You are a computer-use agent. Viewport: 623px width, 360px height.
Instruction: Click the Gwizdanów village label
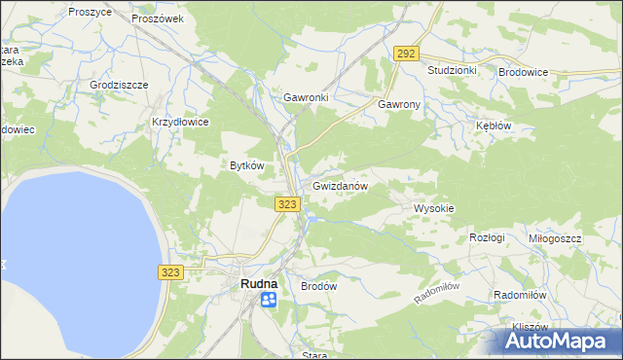click(x=340, y=185)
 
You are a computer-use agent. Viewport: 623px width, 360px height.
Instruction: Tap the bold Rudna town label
click(x=258, y=284)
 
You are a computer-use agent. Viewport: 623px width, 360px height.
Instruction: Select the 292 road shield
click(x=407, y=54)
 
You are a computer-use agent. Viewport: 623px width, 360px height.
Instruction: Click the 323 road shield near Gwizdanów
click(x=286, y=204)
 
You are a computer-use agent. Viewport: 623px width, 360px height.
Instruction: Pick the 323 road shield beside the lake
click(x=171, y=273)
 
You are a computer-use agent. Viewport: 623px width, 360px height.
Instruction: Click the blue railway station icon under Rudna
click(x=268, y=301)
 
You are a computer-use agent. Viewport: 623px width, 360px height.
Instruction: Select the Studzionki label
click(x=452, y=71)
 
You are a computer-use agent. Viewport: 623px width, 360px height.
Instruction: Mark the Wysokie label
click(x=434, y=208)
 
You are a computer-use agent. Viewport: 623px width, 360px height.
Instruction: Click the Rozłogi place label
click(x=487, y=237)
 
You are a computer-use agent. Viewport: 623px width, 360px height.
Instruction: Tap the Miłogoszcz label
click(x=555, y=238)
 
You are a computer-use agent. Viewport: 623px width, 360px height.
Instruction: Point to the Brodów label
click(x=318, y=287)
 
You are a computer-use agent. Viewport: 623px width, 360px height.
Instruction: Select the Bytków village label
click(x=246, y=165)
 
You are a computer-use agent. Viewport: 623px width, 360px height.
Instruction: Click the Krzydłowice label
click(x=180, y=122)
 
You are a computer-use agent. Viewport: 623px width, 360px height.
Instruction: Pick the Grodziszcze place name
click(x=119, y=85)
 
